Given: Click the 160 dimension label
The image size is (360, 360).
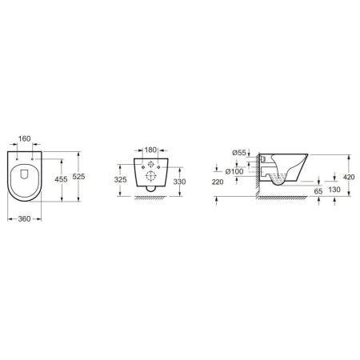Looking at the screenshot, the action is [24, 138].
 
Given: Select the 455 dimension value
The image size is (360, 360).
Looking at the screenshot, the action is [61, 179].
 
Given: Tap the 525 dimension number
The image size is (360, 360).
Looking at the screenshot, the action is [78, 176].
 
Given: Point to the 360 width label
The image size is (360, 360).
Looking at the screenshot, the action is [24, 219].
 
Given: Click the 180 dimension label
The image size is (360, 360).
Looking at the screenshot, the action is [150, 150].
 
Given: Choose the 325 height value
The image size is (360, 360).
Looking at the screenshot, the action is [120, 180].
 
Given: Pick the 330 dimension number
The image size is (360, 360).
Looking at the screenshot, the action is [179, 182].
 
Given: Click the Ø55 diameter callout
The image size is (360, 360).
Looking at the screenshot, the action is [239, 153].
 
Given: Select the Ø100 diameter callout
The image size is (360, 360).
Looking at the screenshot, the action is [234, 171].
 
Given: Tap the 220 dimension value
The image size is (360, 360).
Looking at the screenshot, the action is [218, 182].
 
